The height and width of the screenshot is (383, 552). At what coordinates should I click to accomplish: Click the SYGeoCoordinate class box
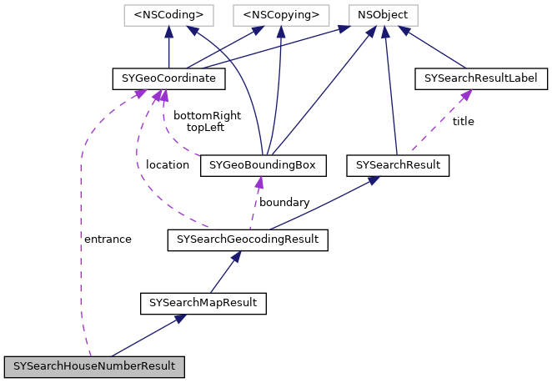(168, 79)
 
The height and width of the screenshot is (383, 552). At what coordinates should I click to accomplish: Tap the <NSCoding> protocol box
(168, 14)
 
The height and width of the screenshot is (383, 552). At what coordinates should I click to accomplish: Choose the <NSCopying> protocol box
(279, 14)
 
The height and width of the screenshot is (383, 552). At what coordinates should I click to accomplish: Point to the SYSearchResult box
(398, 165)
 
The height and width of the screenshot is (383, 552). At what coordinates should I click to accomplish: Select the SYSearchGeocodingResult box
(248, 240)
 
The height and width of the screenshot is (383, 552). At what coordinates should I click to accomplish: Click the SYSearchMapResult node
(203, 302)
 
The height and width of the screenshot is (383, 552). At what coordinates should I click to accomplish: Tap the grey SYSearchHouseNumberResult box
(93, 366)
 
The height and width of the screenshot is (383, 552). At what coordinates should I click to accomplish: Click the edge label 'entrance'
(108, 239)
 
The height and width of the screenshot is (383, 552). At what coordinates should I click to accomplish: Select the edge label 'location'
(167, 164)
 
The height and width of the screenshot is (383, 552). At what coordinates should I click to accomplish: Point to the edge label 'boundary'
(284, 202)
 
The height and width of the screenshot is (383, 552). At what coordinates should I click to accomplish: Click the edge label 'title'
(463, 121)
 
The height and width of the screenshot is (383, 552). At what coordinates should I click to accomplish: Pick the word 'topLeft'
(205, 128)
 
